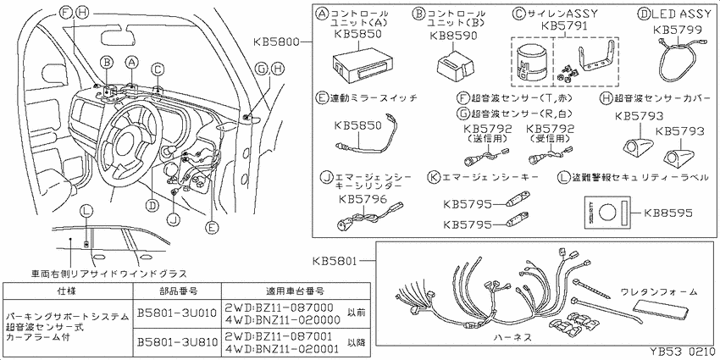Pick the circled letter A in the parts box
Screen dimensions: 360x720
click(x=322, y=14)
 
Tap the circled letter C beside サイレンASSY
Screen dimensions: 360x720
click(x=518, y=14)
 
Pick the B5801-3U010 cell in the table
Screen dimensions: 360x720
click(x=177, y=312)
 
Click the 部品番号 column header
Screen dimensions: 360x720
click(x=177, y=290)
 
